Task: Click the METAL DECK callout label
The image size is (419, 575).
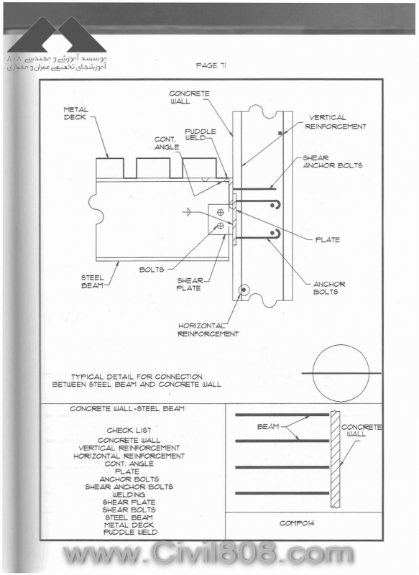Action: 75,114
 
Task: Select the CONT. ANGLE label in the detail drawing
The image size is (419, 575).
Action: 167,143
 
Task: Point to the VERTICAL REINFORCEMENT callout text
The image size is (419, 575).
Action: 336,122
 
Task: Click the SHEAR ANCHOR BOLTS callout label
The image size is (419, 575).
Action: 333,162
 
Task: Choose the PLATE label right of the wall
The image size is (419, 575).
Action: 327,240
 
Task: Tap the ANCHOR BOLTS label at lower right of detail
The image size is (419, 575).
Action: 329,288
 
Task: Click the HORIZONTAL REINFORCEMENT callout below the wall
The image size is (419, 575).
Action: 208,330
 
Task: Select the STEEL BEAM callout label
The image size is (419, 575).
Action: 93,282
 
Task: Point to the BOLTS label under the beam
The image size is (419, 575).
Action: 152,270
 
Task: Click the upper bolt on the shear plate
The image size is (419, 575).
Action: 221,212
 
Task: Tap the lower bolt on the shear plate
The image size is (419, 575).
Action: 221,226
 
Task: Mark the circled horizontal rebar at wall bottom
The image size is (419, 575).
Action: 243,290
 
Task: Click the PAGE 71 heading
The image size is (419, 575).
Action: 211,65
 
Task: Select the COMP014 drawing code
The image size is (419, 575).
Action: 297,523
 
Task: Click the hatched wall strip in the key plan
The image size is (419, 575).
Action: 336,459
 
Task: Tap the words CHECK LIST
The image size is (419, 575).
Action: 129,430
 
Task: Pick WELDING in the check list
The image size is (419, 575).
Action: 129,494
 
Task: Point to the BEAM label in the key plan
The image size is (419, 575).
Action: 268,426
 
